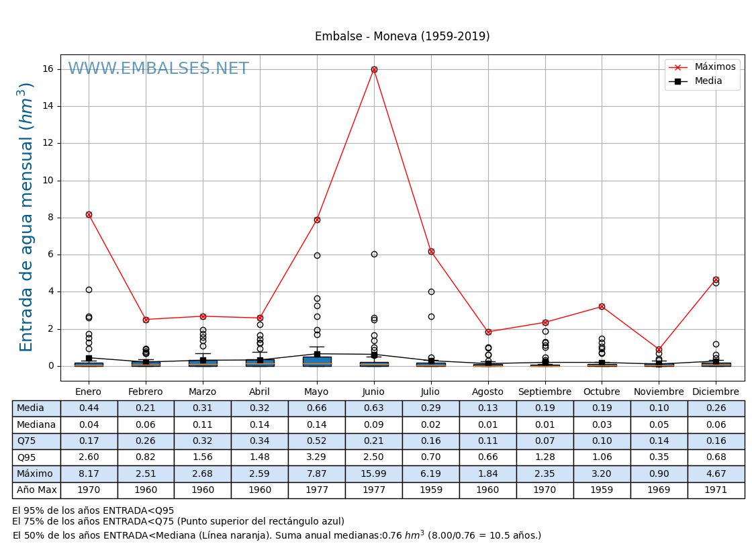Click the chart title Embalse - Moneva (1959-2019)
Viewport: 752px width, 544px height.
[x=402, y=37]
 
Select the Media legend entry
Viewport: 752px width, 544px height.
[x=708, y=81]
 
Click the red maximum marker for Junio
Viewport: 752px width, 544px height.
[x=374, y=69]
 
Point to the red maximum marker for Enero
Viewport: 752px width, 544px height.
[x=89, y=214]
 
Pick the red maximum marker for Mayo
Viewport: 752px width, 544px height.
[x=317, y=220]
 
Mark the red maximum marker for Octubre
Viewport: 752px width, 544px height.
[x=602, y=306]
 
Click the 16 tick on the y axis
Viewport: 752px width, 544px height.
[x=48, y=69]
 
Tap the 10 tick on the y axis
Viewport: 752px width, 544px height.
[x=48, y=181]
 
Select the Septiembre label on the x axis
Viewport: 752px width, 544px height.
[x=545, y=392]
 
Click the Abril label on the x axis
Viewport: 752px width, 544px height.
[x=260, y=392]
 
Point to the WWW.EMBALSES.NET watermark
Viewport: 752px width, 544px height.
[x=158, y=69]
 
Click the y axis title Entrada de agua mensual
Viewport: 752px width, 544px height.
[x=26, y=217]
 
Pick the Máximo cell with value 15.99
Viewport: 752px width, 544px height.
[x=373, y=473]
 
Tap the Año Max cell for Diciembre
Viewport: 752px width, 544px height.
[x=716, y=490]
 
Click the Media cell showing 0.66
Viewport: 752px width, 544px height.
[x=317, y=408]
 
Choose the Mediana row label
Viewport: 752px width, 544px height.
[x=36, y=424]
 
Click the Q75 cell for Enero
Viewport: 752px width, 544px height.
[x=89, y=441]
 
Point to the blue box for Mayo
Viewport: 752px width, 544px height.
[x=317, y=361]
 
